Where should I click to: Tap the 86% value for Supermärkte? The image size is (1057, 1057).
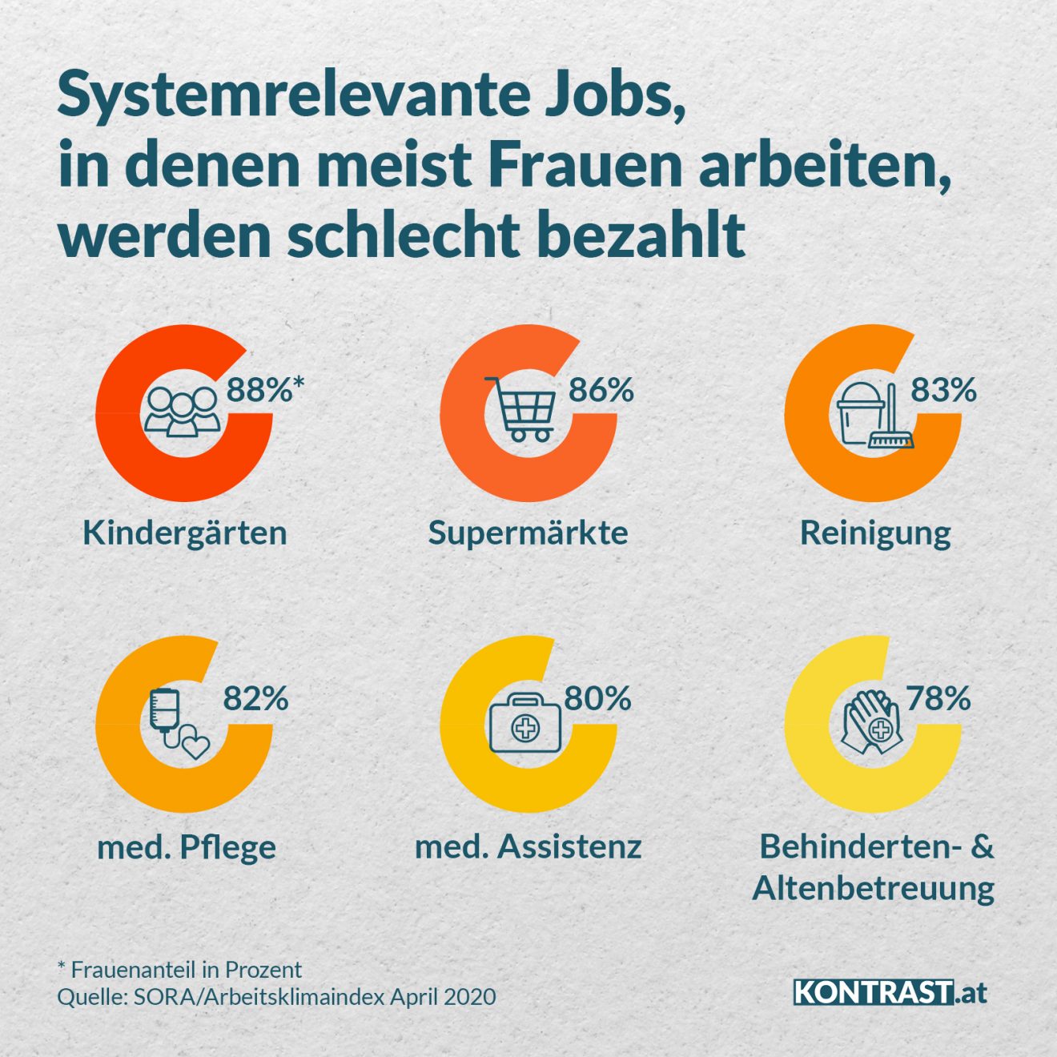point(601,390)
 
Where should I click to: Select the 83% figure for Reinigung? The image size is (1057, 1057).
point(943,390)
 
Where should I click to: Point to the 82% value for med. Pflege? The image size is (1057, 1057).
point(255,698)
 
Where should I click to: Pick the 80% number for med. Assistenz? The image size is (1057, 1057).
point(597,698)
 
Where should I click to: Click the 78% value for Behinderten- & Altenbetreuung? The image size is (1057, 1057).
point(938,698)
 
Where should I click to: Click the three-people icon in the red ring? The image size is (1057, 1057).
point(182,412)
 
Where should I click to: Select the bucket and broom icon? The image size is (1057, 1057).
point(874,415)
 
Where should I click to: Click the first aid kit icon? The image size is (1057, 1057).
point(524,724)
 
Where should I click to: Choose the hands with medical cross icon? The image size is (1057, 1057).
point(871,721)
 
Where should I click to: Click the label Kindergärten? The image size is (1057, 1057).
point(184,533)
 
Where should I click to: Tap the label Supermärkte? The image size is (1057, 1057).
point(528,533)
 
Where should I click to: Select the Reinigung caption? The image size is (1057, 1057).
point(875,533)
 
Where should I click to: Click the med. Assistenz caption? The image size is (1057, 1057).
point(528,846)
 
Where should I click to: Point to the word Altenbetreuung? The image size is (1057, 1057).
point(873,888)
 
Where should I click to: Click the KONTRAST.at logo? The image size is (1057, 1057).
point(890,992)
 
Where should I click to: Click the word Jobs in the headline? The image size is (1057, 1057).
point(616,94)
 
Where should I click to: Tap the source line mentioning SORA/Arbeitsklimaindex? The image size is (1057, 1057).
point(276,997)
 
